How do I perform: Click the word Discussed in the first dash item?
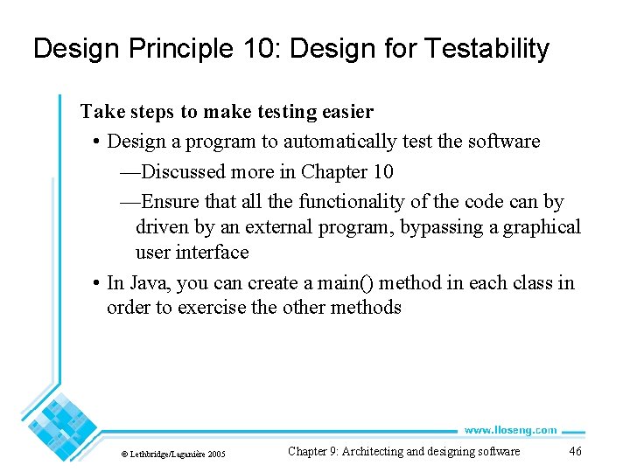click(183, 171)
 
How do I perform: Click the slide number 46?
click(575, 452)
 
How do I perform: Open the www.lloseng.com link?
click(509, 429)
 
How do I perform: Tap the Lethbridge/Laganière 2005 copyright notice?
click(173, 454)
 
